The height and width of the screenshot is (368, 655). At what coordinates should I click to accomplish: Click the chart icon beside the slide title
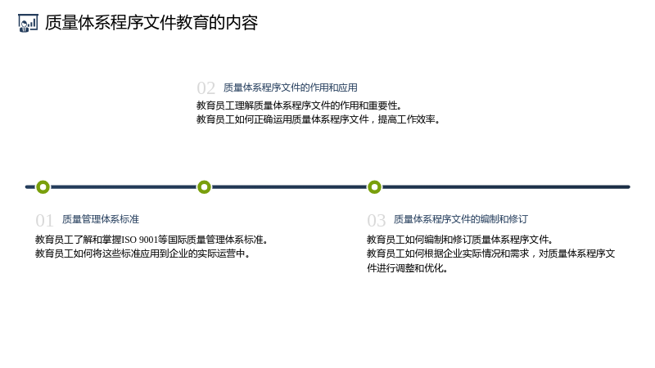click(x=28, y=23)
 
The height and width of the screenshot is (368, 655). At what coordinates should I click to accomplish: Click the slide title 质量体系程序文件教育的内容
click(x=151, y=23)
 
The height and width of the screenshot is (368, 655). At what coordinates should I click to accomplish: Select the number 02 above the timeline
click(x=206, y=88)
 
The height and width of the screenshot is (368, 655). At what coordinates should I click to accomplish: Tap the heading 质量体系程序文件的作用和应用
click(x=291, y=88)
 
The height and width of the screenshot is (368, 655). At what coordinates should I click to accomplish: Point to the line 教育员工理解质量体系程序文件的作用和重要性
click(x=299, y=105)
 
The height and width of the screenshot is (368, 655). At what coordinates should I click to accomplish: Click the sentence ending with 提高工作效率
click(x=318, y=119)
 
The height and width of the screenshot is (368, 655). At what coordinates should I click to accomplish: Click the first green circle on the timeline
click(x=43, y=187)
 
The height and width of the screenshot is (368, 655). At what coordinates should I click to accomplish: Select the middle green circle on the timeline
click(x=204, y=187)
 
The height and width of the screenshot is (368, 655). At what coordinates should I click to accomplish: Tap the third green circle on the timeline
click(x=375, y=187)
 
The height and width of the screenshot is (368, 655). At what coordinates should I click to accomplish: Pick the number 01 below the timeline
click(x=45, y=220)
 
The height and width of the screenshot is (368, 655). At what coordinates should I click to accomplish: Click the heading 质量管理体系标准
click(x=101, y=219)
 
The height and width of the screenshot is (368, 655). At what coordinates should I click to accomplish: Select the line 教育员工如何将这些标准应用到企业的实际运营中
click(x=142, y=254)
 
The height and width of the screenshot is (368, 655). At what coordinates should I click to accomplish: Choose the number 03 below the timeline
click(x=377, y=220)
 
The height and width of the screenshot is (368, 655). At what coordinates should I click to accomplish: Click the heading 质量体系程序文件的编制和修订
click(x=461, y=219)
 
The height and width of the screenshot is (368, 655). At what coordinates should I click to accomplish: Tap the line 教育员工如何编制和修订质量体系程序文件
click(x=460, y=240)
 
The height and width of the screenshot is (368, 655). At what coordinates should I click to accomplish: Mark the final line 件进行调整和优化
click(x=407, y=268)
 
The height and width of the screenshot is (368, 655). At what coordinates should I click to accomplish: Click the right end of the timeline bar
click(x=629, y=187)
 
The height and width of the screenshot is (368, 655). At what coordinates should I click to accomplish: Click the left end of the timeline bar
click(x=27, y=187)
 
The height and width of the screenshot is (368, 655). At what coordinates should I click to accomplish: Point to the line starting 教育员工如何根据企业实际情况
click(x=490, y=254)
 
